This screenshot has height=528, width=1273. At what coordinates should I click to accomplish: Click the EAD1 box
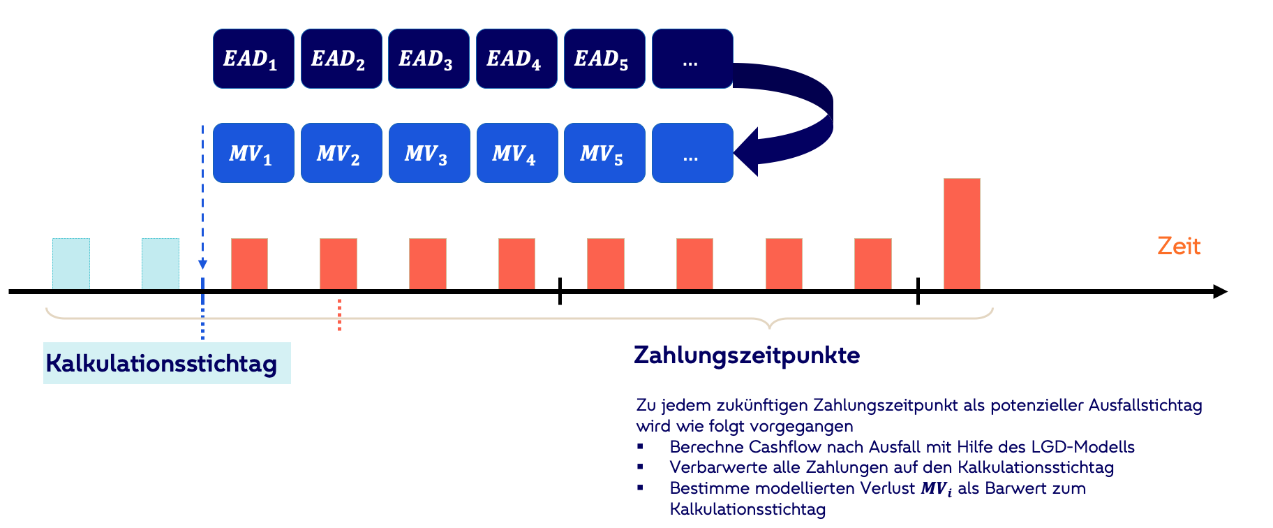[x=253, y=59]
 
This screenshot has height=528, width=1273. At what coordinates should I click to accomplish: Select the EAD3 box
[x=429, y=59]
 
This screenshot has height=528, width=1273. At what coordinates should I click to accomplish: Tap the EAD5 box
[x=604, y=59]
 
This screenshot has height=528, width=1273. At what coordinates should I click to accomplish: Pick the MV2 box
[x=341, y=153]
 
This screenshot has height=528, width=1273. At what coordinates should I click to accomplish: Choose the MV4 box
[x=517, y=153]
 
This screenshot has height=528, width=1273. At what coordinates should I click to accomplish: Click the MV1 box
[x=253, y=153]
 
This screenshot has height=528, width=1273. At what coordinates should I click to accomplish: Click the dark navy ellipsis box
[x=692, y=59]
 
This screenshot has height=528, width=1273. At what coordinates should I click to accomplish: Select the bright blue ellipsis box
[x=692, y=153]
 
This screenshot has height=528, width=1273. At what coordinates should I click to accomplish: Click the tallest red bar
[x=962, y=233]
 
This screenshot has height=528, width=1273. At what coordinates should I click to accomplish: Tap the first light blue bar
[x=71, y=263]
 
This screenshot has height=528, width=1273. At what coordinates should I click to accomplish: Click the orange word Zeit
[x=1179, y=246]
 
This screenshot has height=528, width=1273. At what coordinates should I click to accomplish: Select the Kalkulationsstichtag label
[x=162, y=363]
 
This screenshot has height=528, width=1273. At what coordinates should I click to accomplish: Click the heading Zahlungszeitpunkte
[x=747, y=355]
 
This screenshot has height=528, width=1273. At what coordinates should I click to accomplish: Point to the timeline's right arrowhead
[x=1220, y=291]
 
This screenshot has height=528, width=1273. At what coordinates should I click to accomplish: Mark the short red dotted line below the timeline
[x=339, y=315]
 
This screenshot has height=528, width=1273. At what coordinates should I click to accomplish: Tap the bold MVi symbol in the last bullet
[x=936, y=489]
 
